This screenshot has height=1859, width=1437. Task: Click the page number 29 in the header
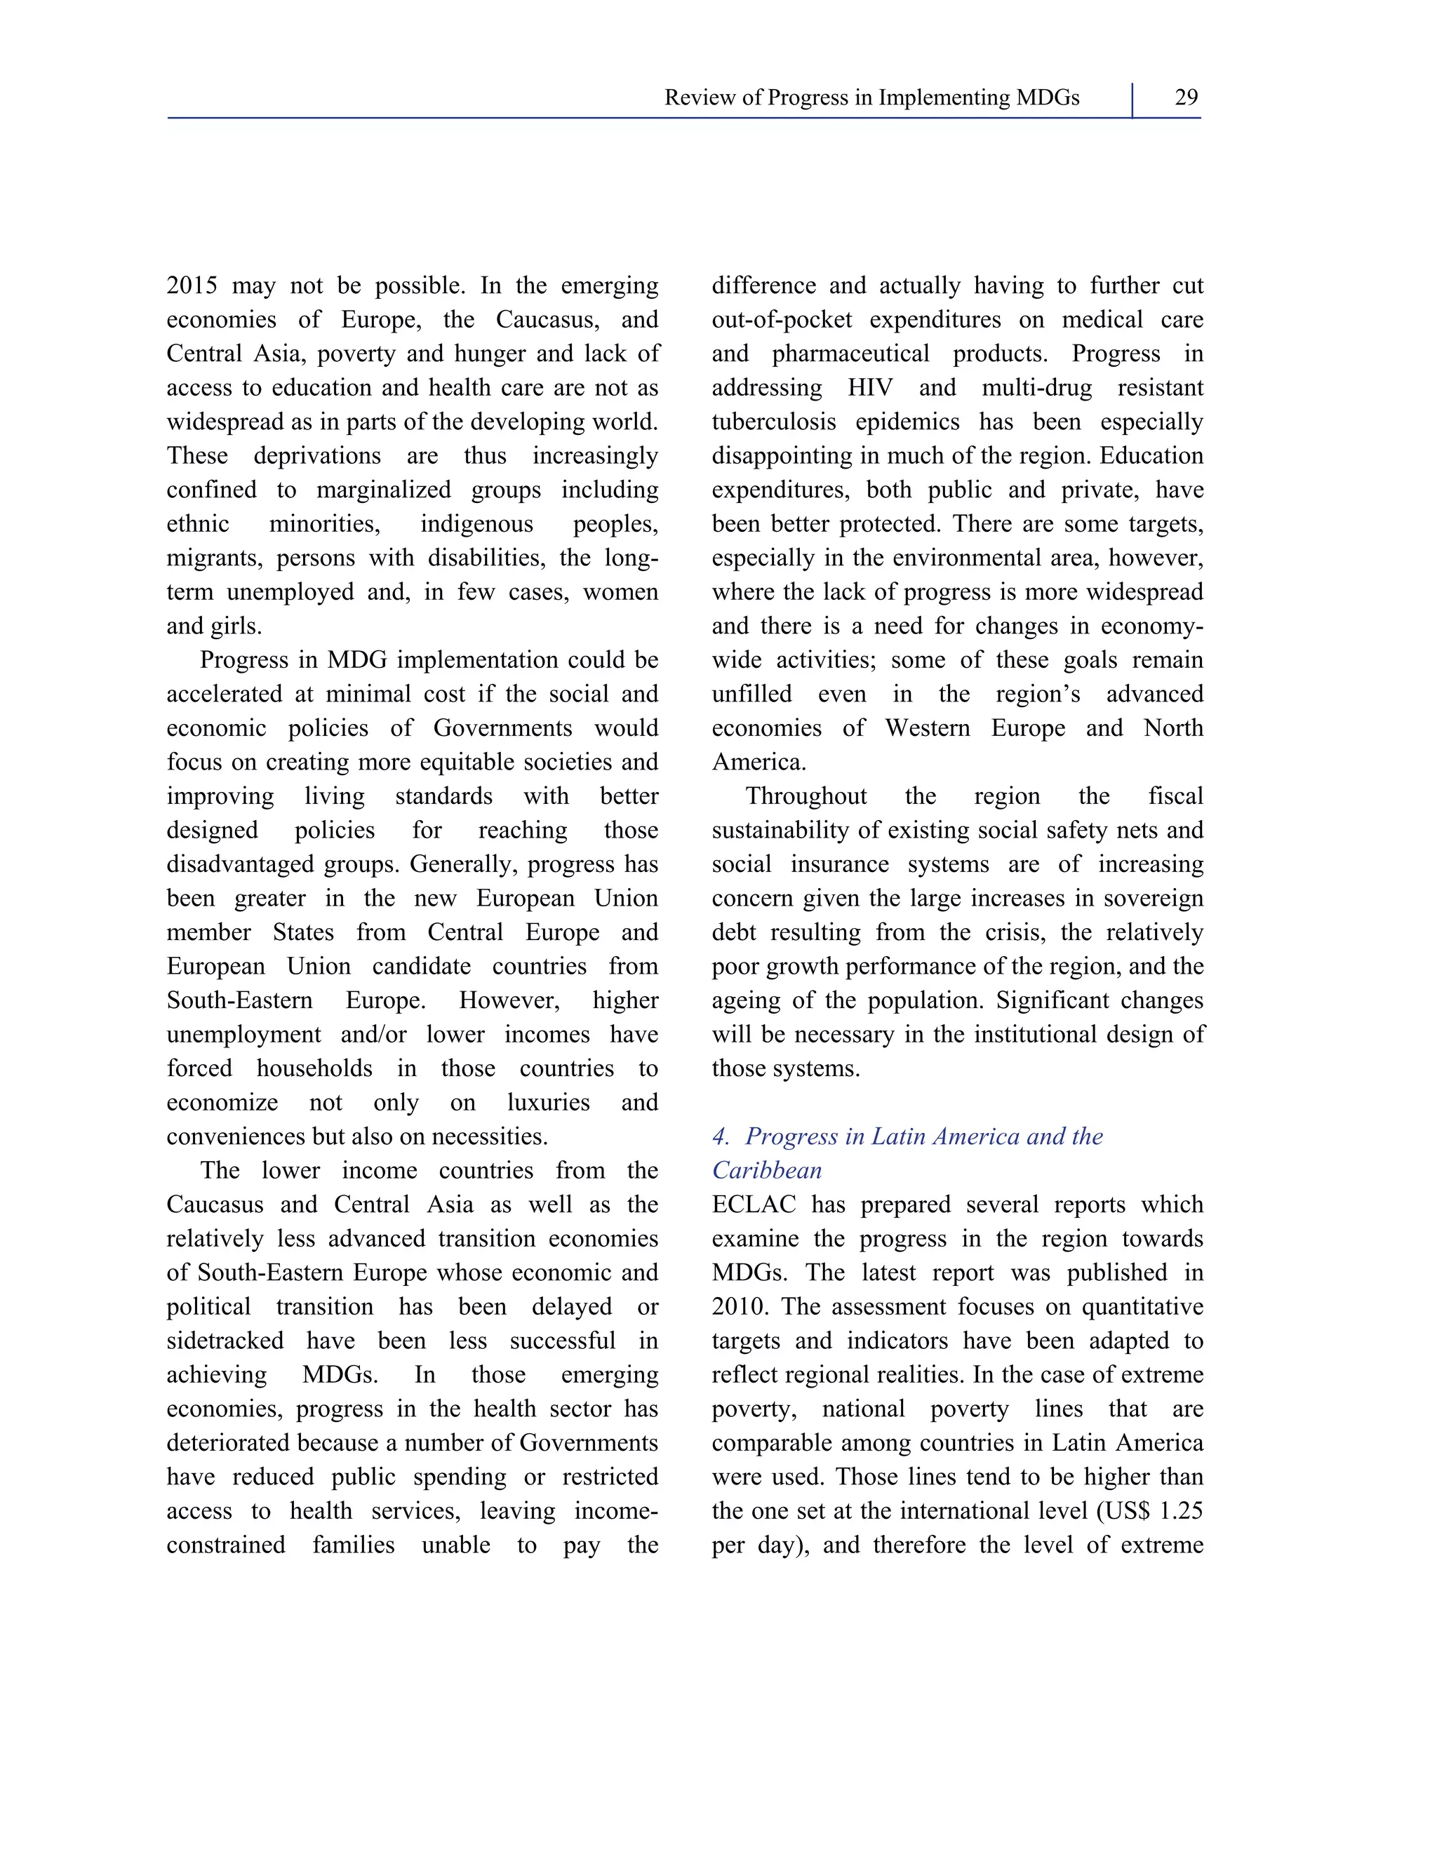coord(1186,98)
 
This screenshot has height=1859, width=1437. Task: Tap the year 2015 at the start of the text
coord(193,286)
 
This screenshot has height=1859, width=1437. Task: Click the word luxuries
coord(548,1103)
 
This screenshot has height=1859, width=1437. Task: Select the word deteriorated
coord(229,1444)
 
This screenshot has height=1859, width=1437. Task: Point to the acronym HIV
coord(870,388)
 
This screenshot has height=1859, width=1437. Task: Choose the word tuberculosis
coord(774,422)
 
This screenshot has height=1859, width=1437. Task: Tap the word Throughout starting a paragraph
coord(806,797)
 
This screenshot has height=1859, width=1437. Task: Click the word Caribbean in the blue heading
coord(767,1172)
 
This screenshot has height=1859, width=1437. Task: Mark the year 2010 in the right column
coord(738,1308)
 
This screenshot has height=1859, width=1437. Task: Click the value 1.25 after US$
coord(1181,1512)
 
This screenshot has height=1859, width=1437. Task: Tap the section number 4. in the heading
coord(721,1137)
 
